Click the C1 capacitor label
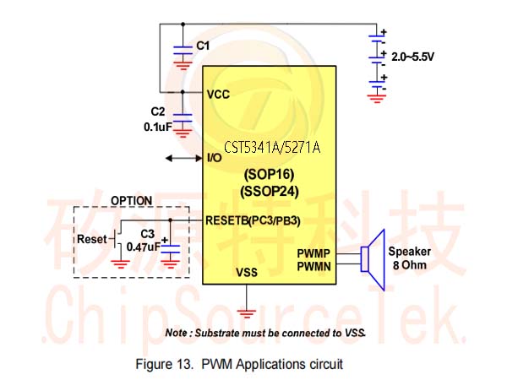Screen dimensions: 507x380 point(203,46)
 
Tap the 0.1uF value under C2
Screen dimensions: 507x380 point(158,127)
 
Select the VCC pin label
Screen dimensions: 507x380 point(218,95)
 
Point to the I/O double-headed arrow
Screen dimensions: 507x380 point(183,159)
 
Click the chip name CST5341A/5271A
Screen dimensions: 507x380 point(272,147)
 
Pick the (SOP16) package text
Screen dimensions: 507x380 point(269,175)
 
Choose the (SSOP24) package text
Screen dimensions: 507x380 point(270,192)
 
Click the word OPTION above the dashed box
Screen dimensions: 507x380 point(132,201)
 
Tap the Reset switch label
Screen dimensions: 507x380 point(92,240)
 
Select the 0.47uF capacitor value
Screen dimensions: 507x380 point(144,247)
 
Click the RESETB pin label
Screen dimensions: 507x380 point(227,220)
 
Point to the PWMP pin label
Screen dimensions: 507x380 point(313,253)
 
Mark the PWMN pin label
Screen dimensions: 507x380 point(314,267)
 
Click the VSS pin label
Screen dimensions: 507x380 point(247,273)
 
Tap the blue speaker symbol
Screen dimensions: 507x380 point(373,260)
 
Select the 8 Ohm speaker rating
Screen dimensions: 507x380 point(410,265)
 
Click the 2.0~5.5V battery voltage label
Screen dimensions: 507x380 point(412,57)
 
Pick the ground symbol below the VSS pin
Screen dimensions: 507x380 point(247,313)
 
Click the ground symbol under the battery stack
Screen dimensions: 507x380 point(377,98)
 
